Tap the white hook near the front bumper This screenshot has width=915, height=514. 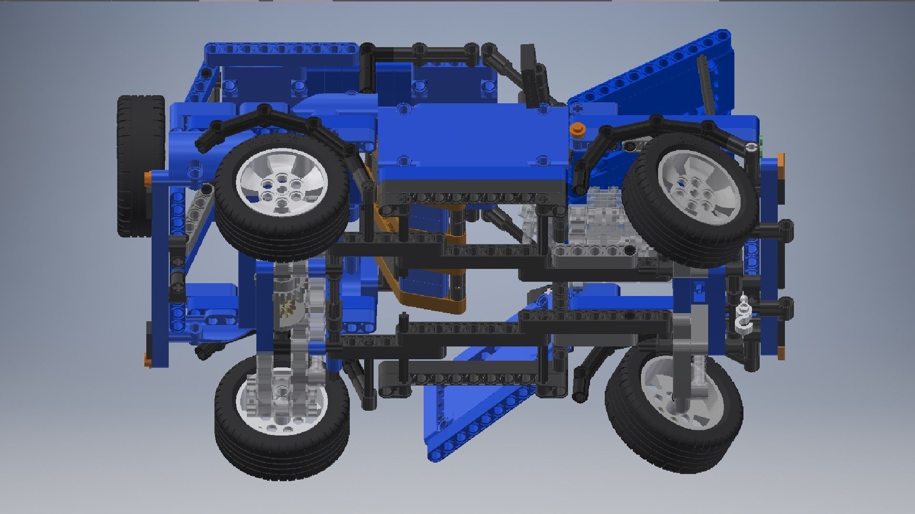(743, 316)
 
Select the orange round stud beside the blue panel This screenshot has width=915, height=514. (577, 128)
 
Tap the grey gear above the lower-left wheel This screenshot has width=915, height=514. (288, 305)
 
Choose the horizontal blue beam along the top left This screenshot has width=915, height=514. (281, 49)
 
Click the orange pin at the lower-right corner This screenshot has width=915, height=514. (781, 352)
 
